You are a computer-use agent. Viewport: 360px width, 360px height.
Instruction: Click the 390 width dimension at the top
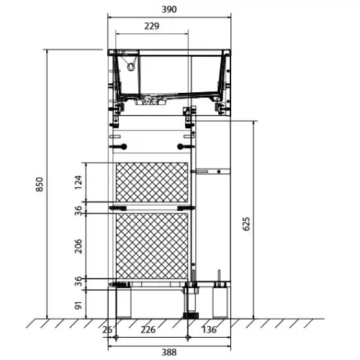click(169, 9)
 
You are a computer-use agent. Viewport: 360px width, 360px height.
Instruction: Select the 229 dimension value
click(152, 26)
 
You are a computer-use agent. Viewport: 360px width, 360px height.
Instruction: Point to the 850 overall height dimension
click(40, 184)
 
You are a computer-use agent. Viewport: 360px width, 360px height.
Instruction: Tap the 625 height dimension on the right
click(246, 224)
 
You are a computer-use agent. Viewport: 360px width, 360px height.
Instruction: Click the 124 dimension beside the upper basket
click(78, 182)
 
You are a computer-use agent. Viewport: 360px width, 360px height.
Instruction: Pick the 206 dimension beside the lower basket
click(78, 246)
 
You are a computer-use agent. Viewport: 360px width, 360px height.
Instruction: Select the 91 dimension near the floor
click(78, 305)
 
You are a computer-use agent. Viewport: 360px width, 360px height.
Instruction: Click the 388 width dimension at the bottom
click(169, 352)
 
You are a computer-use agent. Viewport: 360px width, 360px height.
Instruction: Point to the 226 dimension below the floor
click(148, 330)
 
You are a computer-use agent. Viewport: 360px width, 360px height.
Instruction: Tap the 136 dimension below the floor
click(209, 330)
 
